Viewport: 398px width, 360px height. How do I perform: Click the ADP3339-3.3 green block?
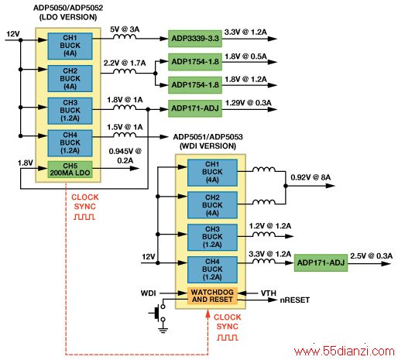click(195, 39)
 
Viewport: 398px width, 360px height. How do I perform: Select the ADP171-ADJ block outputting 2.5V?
click(321, 262)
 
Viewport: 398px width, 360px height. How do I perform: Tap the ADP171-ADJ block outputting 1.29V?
click(195, 108)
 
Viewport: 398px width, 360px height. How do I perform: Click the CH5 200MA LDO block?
click(70, 170)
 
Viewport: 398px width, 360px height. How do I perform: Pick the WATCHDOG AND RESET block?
click(212, 296)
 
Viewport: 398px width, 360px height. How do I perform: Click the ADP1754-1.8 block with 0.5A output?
click(195, 62)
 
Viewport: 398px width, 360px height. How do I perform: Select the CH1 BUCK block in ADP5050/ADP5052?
click(70, 46)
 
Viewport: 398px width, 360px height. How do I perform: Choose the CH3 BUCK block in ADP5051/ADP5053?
click(212, 237)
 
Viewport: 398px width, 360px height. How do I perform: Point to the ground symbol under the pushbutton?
click(163, 329)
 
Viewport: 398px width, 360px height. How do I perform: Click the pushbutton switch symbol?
click(158, 313)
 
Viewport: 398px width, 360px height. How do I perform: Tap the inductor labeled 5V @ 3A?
click(125, 36)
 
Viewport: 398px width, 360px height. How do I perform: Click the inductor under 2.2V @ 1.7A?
click(125, 71)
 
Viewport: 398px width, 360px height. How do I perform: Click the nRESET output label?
click(295, 300)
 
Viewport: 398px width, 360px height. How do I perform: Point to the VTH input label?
click(269, 293)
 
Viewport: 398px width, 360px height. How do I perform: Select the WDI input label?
click(148, 293)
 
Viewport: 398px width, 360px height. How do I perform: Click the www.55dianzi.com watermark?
click(345, 351)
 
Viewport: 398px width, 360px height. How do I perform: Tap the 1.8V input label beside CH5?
click(26, 163)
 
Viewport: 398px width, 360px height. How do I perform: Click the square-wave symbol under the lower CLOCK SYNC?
click(227, 338)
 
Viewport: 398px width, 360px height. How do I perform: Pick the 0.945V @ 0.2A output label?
click(125, 156)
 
